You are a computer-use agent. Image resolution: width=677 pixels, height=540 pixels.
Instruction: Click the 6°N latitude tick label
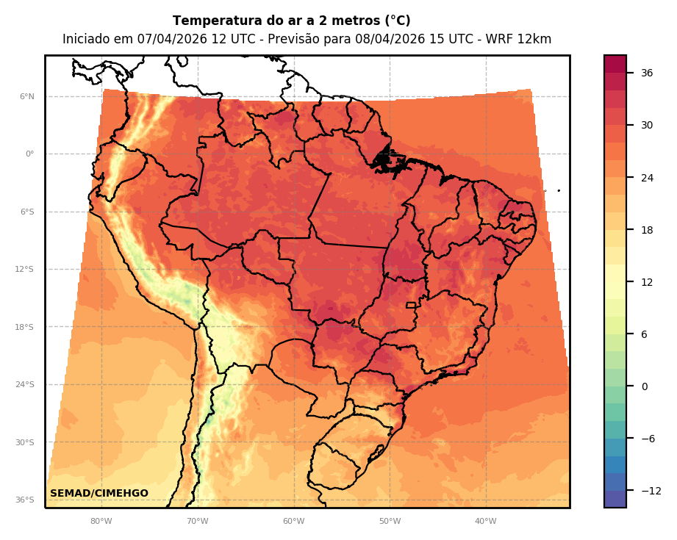(27, 96)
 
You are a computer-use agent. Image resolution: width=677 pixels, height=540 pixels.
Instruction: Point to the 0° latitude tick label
(29, 154)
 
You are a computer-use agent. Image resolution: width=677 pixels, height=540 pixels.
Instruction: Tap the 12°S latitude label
(24, 270)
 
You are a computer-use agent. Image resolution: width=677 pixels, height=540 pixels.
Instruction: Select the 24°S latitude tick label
(24, 385)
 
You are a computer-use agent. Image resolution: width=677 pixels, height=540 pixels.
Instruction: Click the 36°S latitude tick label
(24, 500)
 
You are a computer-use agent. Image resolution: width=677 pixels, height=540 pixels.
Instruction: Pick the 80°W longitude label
(101, 522)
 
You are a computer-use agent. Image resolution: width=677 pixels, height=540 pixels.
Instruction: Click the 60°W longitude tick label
(293, 522)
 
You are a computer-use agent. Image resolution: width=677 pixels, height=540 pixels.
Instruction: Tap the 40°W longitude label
(485, 522)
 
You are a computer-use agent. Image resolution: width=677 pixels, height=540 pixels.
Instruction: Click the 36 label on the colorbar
(647, 73)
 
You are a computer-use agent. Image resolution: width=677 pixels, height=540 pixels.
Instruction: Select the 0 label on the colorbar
(643, 386)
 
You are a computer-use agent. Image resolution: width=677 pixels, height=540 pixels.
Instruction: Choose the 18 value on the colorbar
(647, 230)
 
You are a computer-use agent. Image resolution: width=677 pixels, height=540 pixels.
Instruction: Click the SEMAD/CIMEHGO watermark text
(99, 494)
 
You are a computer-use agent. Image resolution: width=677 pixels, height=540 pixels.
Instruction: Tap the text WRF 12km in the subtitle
(522, 40)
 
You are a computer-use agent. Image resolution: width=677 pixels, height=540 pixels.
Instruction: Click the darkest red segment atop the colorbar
(615, 64)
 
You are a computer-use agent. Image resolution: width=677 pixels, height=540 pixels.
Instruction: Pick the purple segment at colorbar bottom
(615, 499)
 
